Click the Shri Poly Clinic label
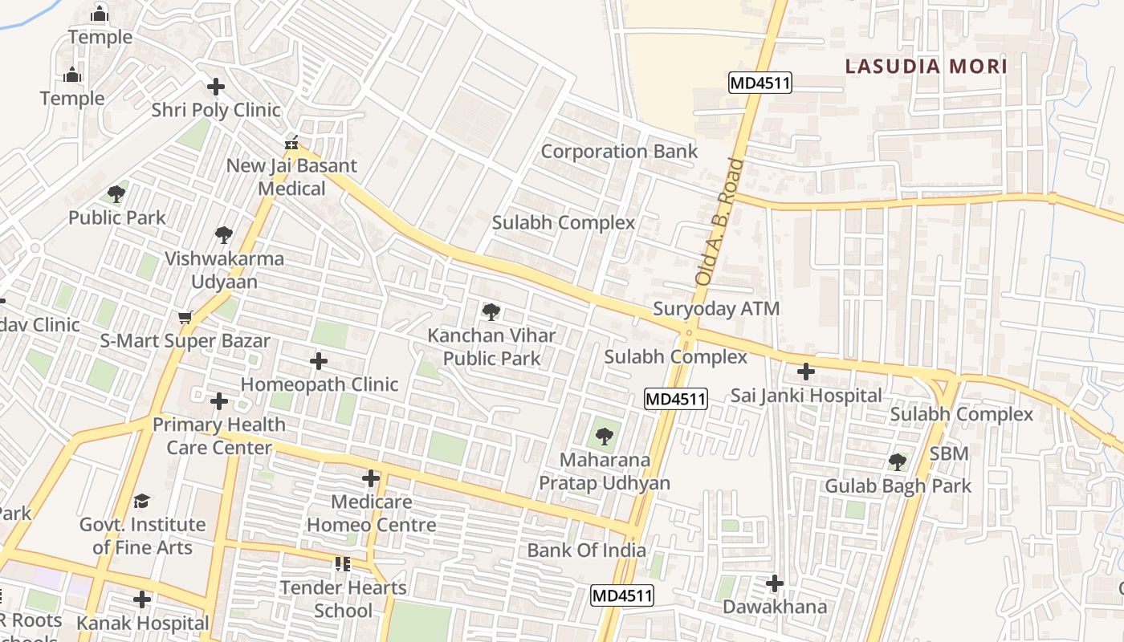[216, 110]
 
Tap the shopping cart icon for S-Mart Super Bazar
[185, 318]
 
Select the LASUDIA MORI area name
[926, 67]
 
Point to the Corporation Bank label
[619, 152]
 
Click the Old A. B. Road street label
[719, 223]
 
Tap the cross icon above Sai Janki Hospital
[805, 372]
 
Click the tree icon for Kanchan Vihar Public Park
[491, 311]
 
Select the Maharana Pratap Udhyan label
[605, 472]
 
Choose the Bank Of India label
[586, 551]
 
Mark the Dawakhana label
[775, 607]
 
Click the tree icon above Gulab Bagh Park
[898, 461]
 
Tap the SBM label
[949, 454]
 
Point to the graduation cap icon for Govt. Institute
[141, 501]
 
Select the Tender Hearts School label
[344, 599]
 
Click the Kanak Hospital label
[142, 623]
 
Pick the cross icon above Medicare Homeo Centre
[370, 479]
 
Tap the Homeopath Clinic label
[320, 384]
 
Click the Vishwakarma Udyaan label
[224, 270]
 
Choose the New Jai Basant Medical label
[291, 177]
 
